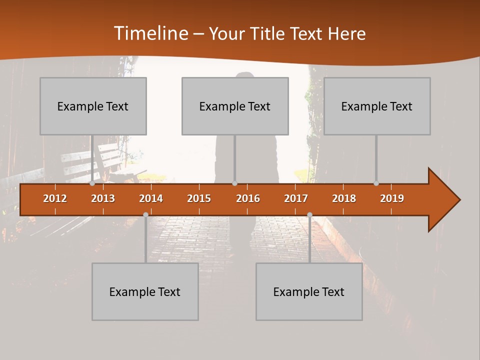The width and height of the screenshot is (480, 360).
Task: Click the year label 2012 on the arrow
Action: (55, 198)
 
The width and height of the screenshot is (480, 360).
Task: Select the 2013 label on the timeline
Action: (103, 198)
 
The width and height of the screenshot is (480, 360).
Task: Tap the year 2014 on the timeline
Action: (151, 198)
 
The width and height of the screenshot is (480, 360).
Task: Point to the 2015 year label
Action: (199, 198)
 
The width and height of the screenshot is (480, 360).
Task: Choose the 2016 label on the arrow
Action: (248, 198)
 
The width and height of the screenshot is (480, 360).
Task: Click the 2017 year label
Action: (296, 198)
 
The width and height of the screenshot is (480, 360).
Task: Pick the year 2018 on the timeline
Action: (344, 198)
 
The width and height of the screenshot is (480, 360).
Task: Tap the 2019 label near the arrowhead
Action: (392, 198)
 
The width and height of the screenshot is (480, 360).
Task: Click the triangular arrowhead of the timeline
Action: (443, 200)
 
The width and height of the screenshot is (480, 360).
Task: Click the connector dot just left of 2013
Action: (92, 183)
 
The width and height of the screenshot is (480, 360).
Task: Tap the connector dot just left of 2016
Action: (235, 183)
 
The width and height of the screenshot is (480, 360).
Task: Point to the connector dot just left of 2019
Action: (376, 183)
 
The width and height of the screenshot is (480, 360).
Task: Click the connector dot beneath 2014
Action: (145, 214)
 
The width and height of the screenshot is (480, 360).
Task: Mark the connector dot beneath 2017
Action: (309, 214)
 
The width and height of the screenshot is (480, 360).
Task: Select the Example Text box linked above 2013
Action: (93, 106)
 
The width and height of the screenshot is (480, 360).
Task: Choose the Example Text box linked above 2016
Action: (235, 106)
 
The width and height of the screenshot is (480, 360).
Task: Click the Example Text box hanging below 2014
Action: (145, 291)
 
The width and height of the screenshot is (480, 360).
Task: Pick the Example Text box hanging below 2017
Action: (309, 291)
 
